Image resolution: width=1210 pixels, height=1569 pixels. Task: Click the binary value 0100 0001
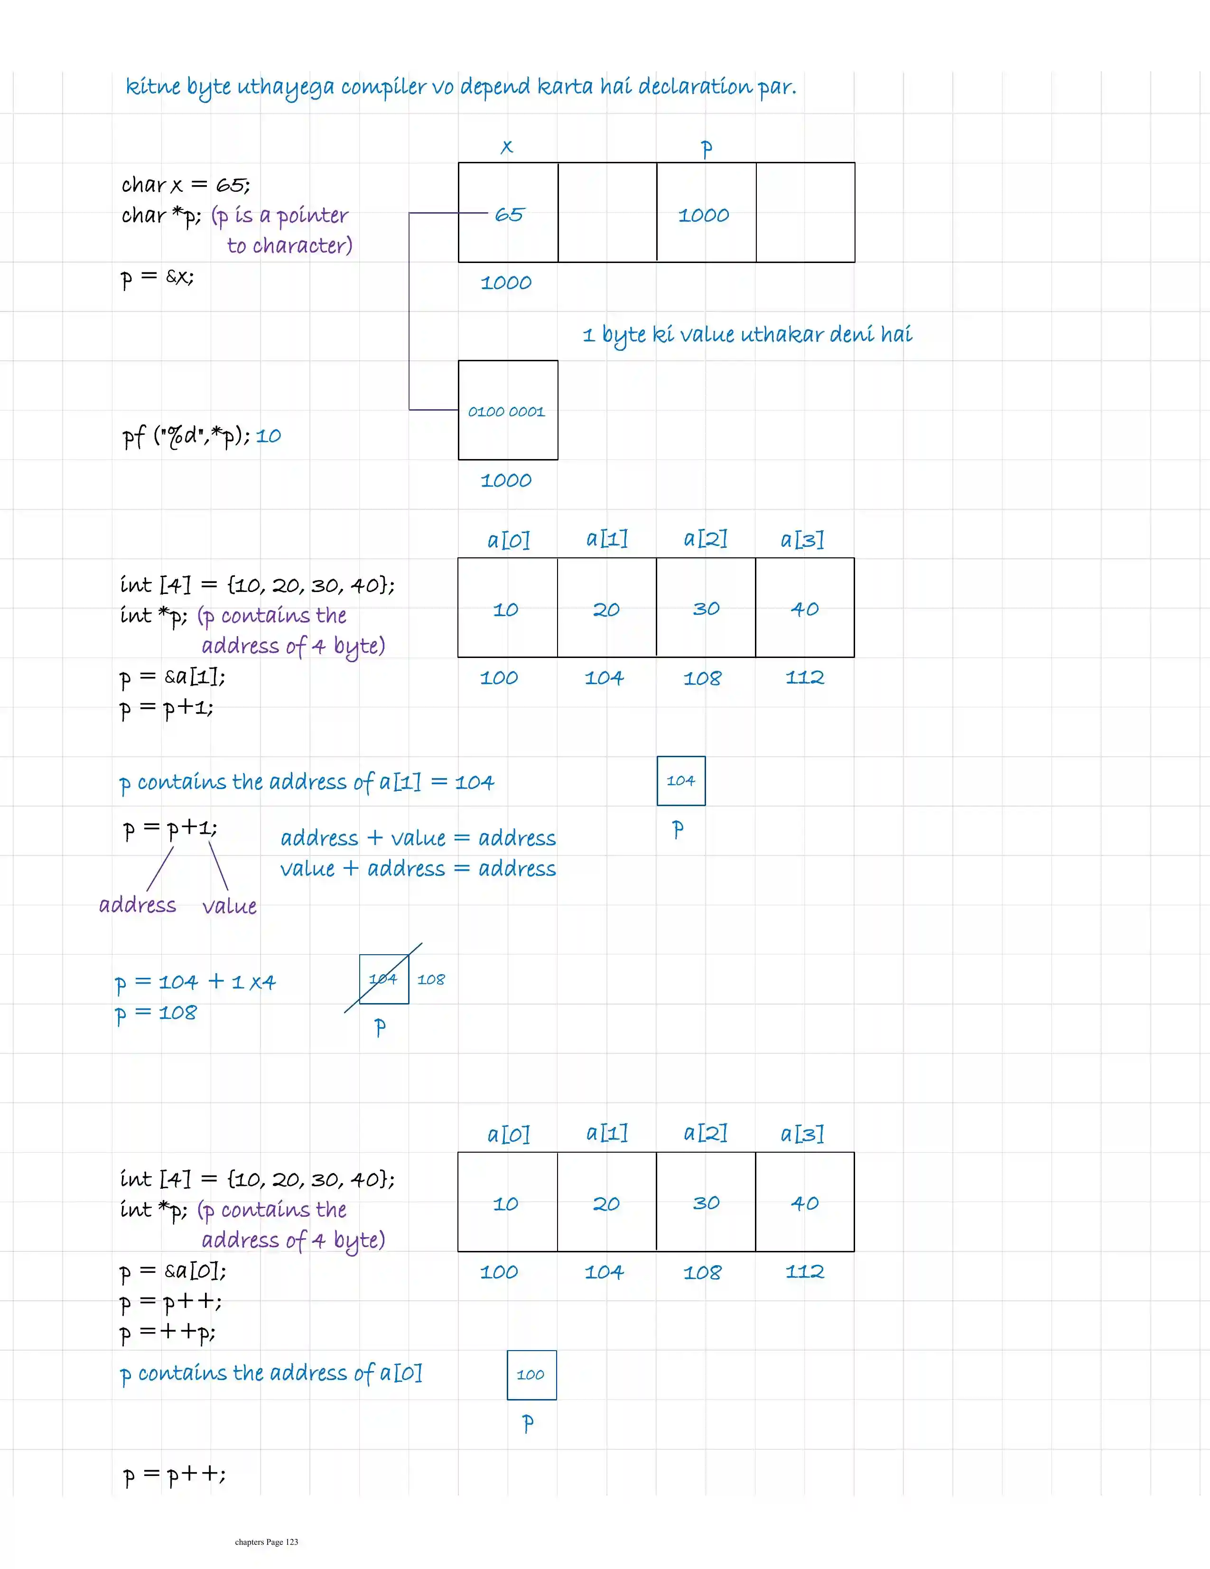pyautogui.click(x=507, y=412)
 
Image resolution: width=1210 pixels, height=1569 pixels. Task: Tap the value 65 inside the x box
pyautogui.click(x=509, y=215)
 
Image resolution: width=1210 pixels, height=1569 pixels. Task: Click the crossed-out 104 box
pyautogui.click(x=383, y=978)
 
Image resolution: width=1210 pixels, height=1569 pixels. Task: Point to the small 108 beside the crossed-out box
pyautogui.click(x=431, y=980)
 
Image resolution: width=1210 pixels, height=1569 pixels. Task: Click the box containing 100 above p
pyautogui.click(x=531, y=1375)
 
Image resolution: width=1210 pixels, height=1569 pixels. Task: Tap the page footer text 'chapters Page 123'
pyautogui.click(x=266, y=1541)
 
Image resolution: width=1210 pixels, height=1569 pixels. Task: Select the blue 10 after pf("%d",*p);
pyautogui.click(x=269, y=436)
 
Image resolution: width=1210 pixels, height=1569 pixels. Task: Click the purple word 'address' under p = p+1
pyautogui.click(x=137, y=905)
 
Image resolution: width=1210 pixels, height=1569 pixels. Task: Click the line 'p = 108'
pyautogui.click(x=156, y=1013)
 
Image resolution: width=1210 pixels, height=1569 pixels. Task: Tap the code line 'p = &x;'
pyautogui.click(x=157, y=277)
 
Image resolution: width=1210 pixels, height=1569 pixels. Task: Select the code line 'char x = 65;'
pyautogui.click(x=185, y=185)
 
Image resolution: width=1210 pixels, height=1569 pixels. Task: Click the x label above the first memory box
pyautogui.click(x=507, y=147)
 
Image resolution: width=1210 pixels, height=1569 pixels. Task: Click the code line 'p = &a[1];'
pyautogui.click(x=172, y=677)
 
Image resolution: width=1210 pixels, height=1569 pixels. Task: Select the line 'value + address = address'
pyautogui.click(x=418, y=869)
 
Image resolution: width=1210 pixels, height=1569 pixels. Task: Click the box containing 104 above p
pyautogui.click(x=681, y=781)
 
